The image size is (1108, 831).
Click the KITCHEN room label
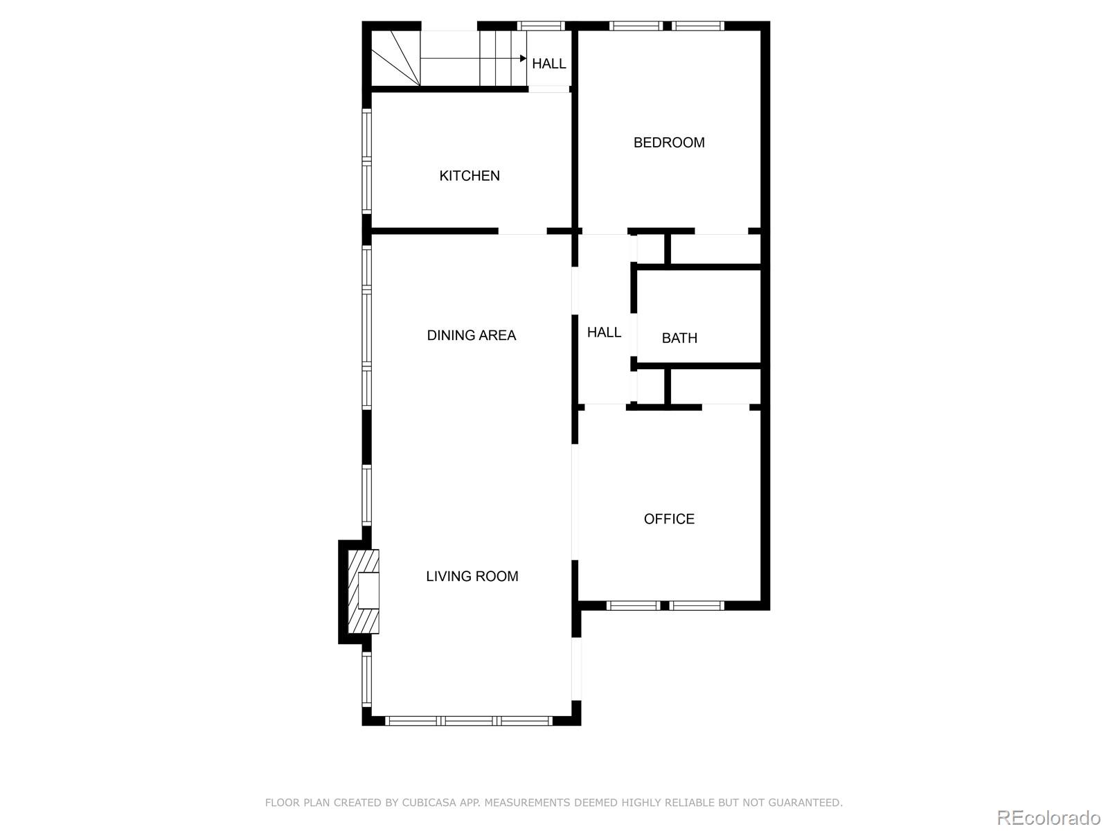tap(470, 176)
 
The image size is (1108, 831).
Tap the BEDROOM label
tap(669, 143)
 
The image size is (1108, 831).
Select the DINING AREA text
tap(471, 335)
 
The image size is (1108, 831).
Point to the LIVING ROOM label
tap(472, 576)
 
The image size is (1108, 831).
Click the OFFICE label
tap(669, 519)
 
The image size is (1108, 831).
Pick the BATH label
tap(679, 338)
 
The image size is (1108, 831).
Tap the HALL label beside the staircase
tap(549, 64)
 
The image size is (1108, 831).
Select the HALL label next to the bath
tap(604, 332)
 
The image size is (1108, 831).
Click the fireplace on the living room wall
tap(360, 591)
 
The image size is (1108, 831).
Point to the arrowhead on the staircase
tap(523, 59)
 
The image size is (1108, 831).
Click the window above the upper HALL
tap(542, 26)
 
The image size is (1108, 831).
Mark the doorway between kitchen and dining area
tap(523, 231)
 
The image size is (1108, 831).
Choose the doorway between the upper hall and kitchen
tap(549, 89)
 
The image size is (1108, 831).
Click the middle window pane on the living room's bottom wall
tap(469, 721)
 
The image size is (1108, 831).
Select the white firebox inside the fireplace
tap(369, 591)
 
